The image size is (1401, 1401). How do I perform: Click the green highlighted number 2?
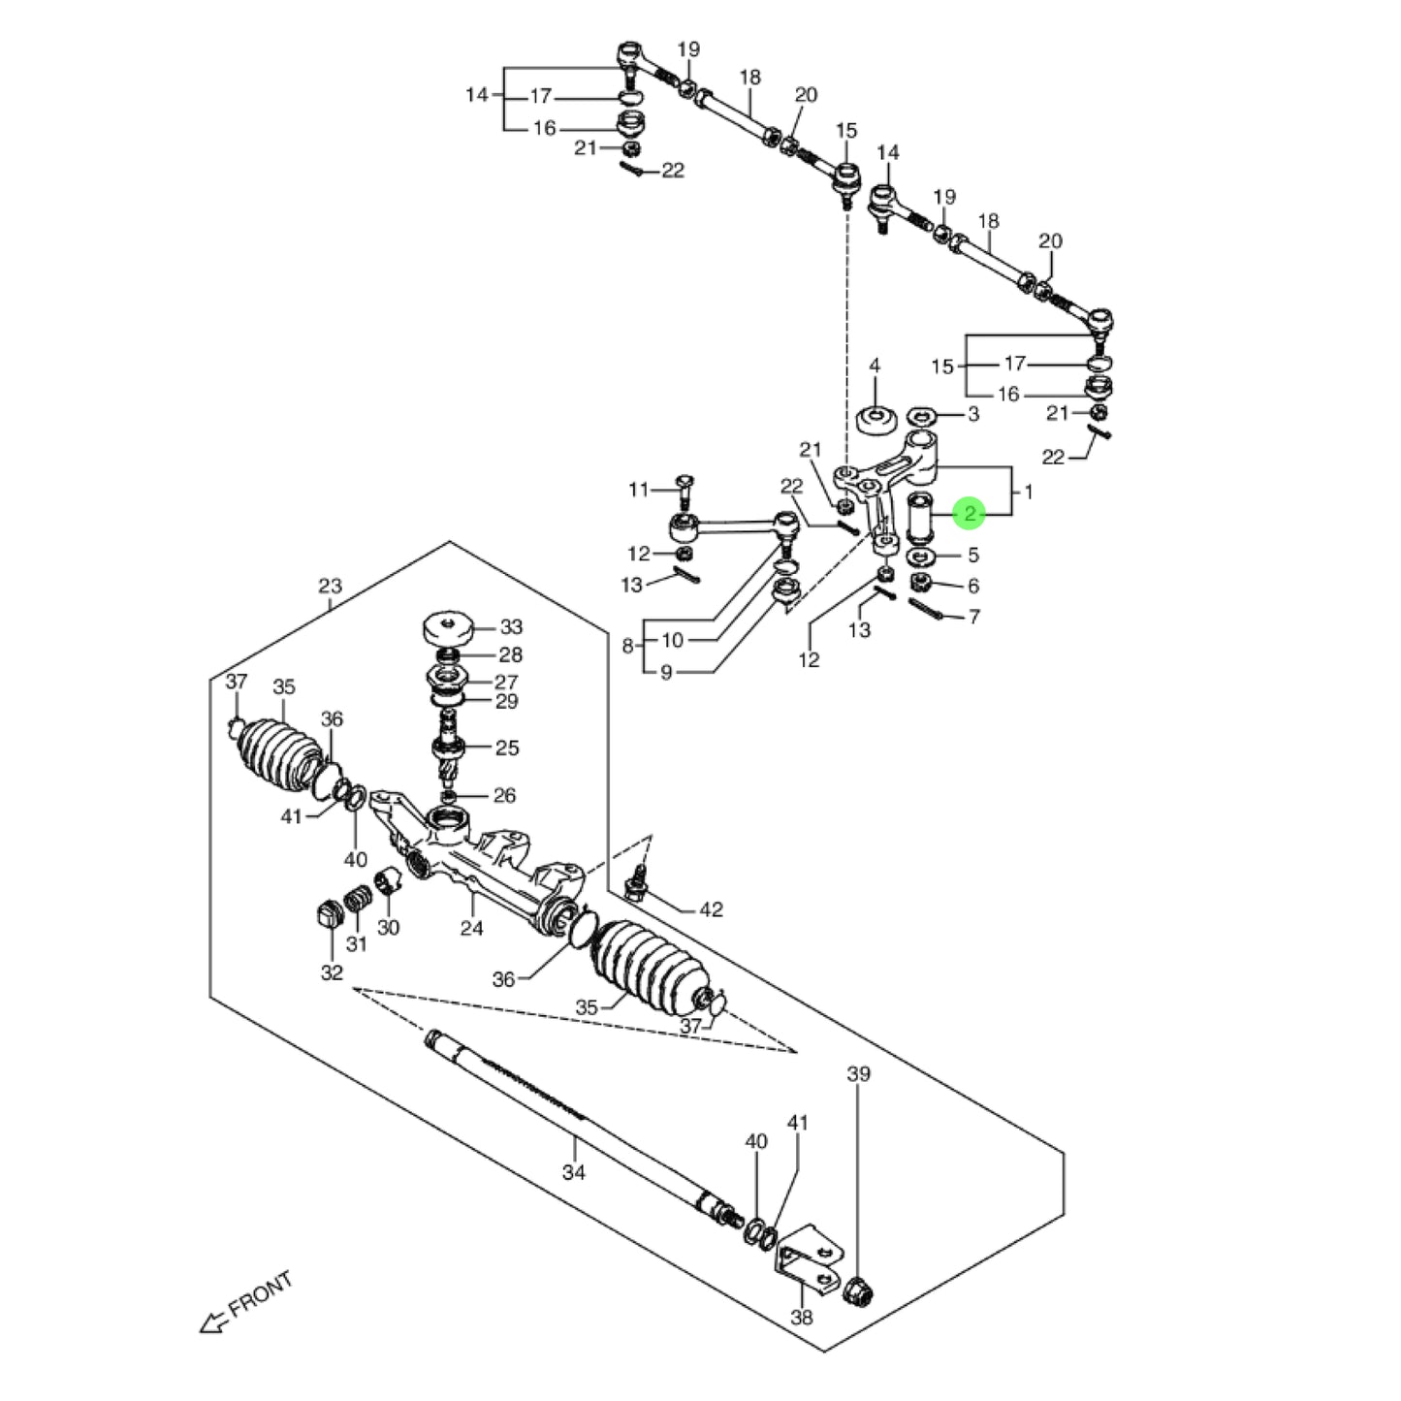coord(969,514)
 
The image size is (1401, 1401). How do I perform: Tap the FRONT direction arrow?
coord(210,1321)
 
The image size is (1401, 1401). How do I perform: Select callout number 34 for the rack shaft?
coord(574,1172)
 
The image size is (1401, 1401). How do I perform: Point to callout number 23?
coord(330,586)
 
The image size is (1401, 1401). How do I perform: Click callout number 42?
coord(711,909)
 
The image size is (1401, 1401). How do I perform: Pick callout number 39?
coord(858,1073)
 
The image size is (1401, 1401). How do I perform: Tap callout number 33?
coord(510,627)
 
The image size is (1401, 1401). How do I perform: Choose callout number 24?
coord(471,928)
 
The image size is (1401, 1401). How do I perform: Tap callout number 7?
coord(973,617)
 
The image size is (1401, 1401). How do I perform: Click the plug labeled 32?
coord(327,913)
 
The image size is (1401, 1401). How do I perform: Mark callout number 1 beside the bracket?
coord(1028,492)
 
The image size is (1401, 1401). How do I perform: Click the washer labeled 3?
coord(921,417)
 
